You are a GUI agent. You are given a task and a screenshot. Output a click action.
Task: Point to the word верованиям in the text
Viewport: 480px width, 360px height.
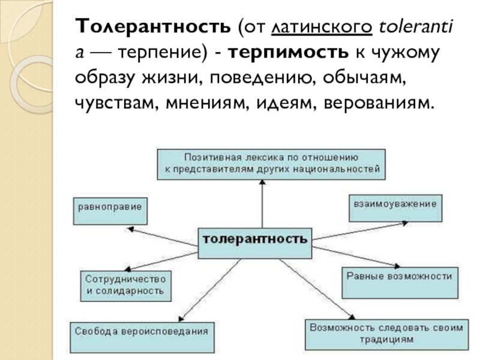(377, 103)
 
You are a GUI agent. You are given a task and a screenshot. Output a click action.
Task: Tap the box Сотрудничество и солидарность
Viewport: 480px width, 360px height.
(125, 285)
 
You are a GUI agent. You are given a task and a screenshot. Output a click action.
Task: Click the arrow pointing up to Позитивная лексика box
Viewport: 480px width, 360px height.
(262, 204)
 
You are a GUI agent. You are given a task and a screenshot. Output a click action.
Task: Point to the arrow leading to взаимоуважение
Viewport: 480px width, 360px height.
(360, 231)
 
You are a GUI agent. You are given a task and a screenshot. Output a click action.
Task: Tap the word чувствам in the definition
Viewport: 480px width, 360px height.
(113, 103)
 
